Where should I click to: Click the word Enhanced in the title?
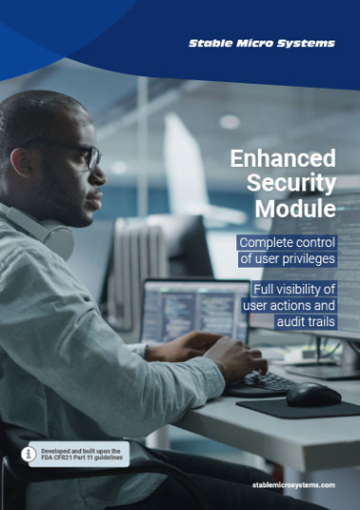coord(283,157)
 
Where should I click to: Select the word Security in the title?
coord(291,182)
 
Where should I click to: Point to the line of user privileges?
coord(287,260)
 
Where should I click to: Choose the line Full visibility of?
coord(293,288)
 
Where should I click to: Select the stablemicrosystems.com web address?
coord(294,485)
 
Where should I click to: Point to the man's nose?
coord(99,171)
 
